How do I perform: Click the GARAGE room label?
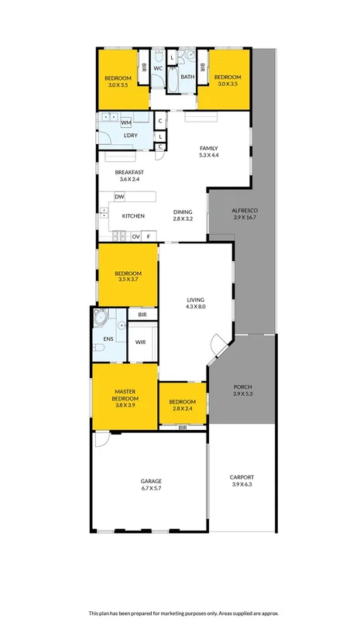click(151, 481)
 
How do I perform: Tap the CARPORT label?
click(242, 477)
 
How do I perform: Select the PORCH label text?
click(242, 387)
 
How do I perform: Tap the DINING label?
click(183, 211)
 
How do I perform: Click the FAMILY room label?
click(209, 148)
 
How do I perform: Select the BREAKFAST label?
click(129, 172)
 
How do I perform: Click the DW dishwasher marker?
click(119, 197)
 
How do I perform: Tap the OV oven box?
click(135, 235)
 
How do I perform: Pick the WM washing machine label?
click(125, 122)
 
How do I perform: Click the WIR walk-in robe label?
click(141, 342)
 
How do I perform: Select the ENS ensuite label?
click(108, 339)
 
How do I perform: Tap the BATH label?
click(187, 77)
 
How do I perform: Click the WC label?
click(157, 68)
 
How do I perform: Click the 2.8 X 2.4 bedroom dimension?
click(183, 409)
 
